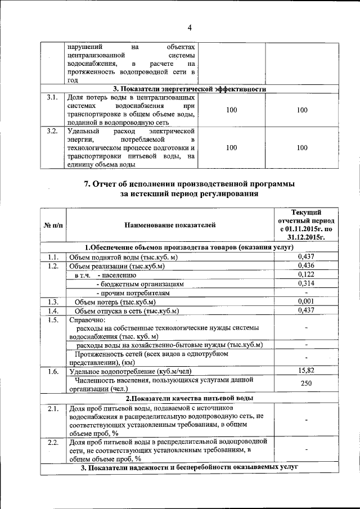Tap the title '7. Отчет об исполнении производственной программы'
pyautogui.click(x=189, y=184)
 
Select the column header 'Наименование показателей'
pyautogui.click(x=170, y=226)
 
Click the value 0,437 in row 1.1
pyautogui.click(x=305, y=256)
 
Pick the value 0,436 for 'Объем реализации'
pyautogui.click(x=305, y=265)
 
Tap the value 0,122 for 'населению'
pyautogui.click(x=305, y=274)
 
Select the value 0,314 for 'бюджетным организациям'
pyautogui.click(x=305, y=283)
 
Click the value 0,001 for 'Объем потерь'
pyautogui.click(x=305, y=301)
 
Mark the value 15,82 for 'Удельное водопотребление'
pyautogui.click(x=305, y=371)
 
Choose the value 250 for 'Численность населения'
pyautogui.click(x=305, y=384)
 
